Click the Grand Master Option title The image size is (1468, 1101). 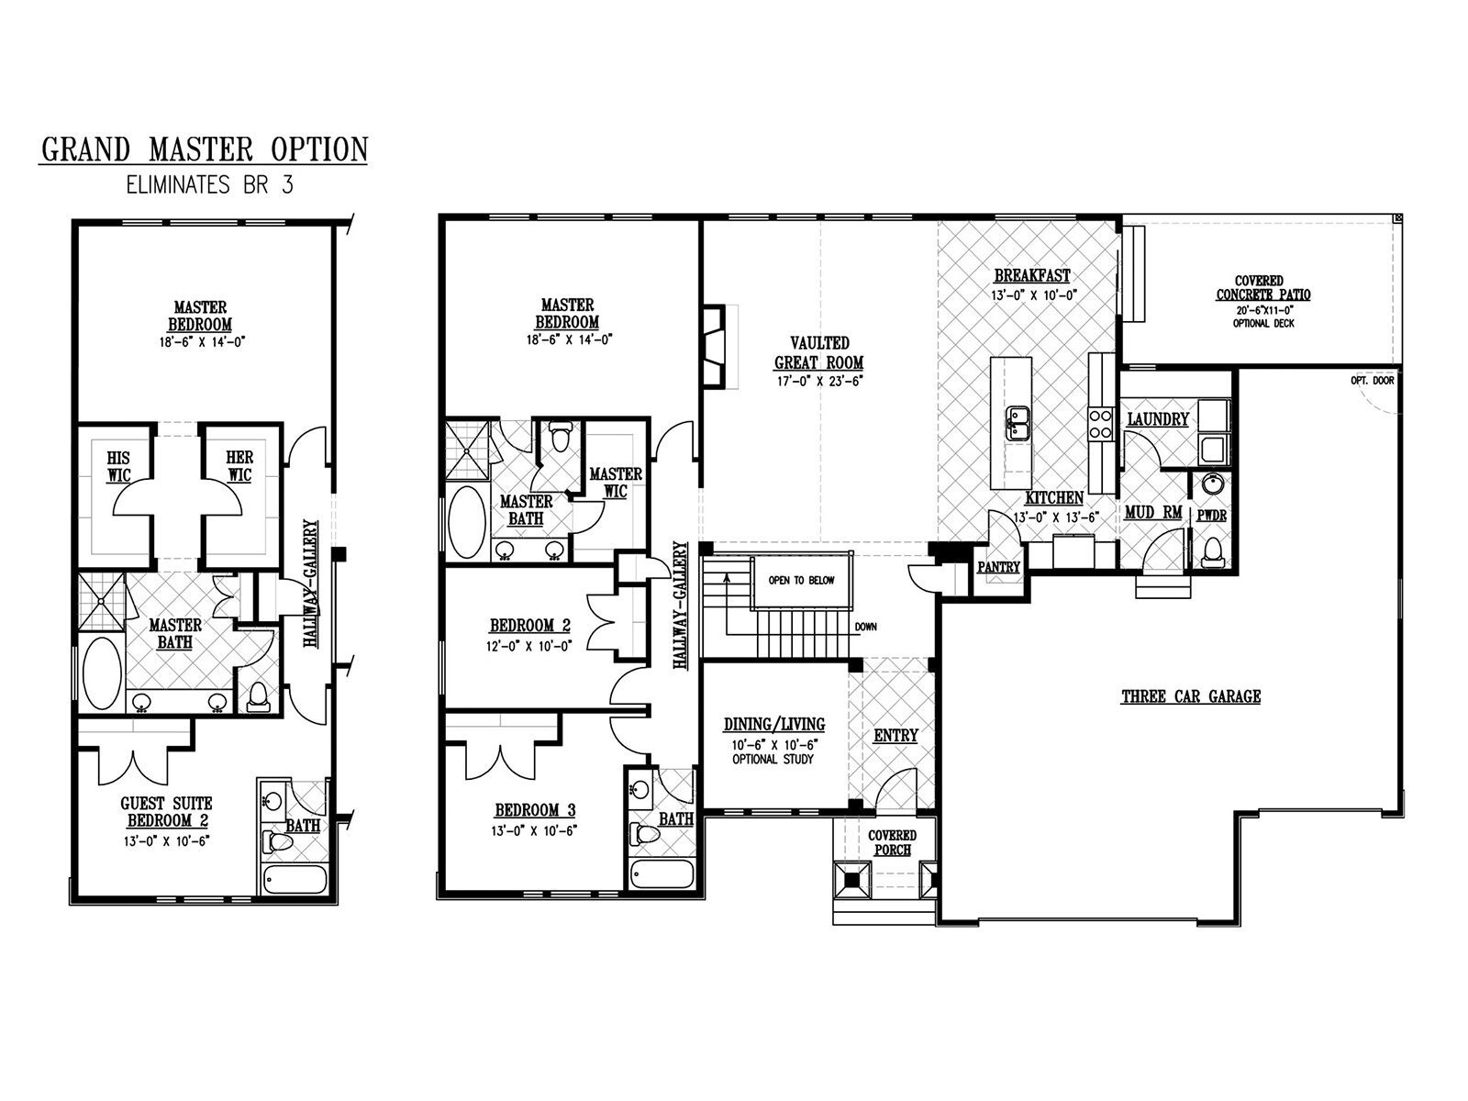tap(205, 150)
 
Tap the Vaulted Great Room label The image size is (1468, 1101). tap(819, 353)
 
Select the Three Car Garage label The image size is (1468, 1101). tap(1191, 696)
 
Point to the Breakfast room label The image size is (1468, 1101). tap(1032, 275)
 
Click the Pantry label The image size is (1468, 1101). tap(998, 567)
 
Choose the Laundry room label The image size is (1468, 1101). tap(1158, 419)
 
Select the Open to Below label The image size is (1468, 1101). tap(801, 580)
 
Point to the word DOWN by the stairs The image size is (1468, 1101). tap(865, 627)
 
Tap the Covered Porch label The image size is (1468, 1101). tap(892, 842)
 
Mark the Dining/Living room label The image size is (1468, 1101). tap(773, 724)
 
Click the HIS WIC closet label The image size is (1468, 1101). tap(118, 467)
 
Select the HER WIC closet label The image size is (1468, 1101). tap(239, 466)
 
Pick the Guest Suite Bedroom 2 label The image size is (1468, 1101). tap(167, 812)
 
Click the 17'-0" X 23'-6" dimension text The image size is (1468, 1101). tap(818, 383)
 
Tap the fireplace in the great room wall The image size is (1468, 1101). tap(713, 346)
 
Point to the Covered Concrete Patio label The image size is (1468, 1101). tap(1262, 288)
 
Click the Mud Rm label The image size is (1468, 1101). tap(1153, 513)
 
